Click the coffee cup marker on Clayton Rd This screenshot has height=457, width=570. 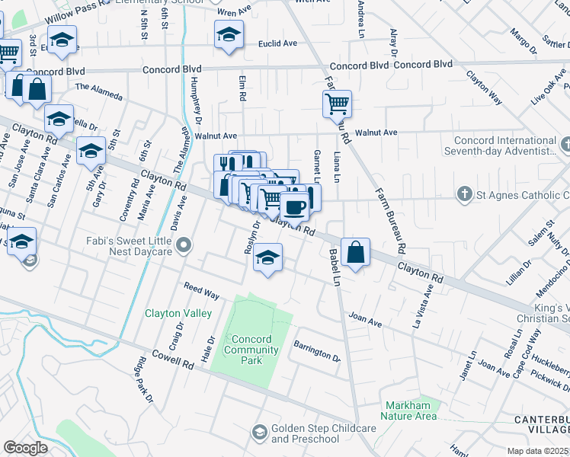pos(294,206)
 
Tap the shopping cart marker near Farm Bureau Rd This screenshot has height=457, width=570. pos(337,104)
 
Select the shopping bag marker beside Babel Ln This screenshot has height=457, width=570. pos(355,252)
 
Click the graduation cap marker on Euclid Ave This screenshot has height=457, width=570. pos(228,35)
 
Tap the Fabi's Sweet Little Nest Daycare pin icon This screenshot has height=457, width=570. pos(183,245)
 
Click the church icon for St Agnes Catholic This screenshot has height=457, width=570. pos(464,194)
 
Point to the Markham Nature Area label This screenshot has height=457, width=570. pos(411,411)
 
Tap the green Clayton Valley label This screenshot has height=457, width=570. pos(174,313)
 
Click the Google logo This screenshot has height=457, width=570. pos(25,448)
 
